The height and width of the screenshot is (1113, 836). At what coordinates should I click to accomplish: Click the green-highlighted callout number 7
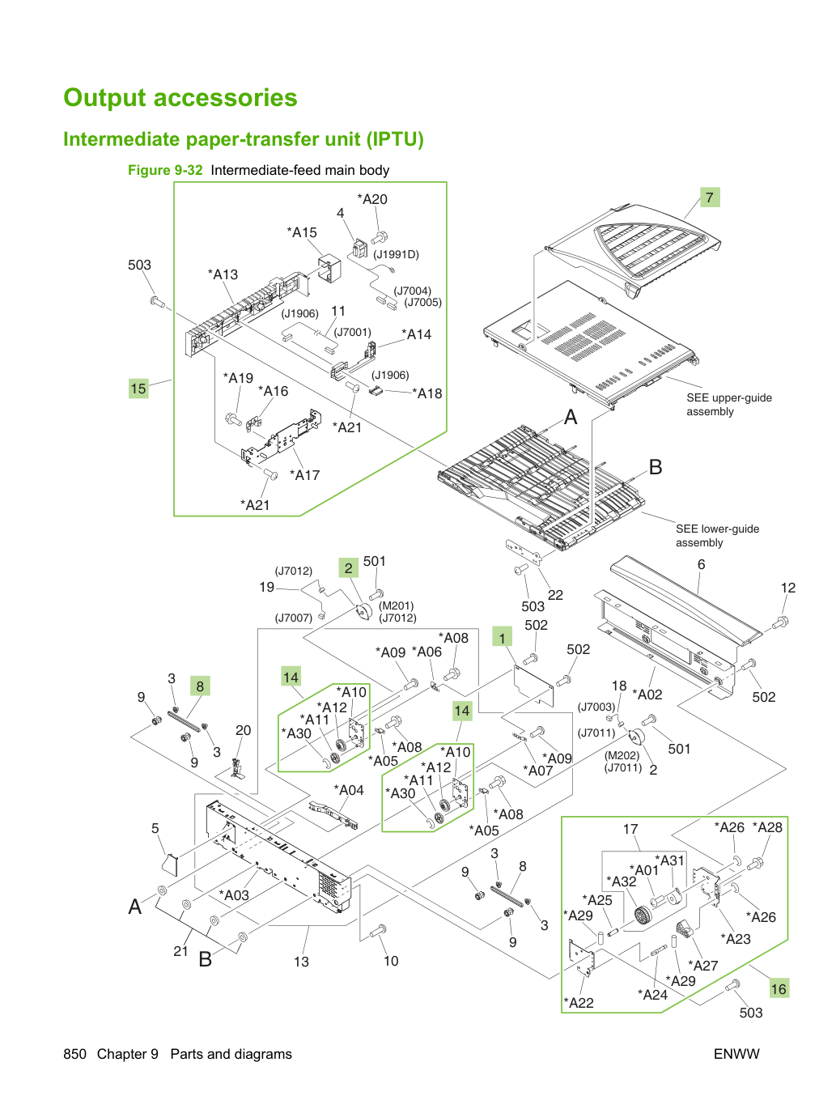click(x=710, y=198)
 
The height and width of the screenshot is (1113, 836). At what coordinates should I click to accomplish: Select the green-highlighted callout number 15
click(x=138, y=389)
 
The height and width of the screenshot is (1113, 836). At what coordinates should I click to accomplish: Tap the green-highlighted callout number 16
click(x=779, y=988)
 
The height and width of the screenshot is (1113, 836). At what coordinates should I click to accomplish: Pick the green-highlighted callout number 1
click(x=502, y=637)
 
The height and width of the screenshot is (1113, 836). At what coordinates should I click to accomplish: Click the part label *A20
click(x=372, y=199)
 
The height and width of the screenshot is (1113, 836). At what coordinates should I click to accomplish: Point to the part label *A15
click(x=302, y=232)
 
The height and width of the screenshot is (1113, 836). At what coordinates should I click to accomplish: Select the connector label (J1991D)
click(x=396, y=254)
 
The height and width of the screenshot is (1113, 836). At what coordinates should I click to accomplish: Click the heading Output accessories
click(x=180, y=97)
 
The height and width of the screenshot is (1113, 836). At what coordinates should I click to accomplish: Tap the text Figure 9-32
click(x=165, y=170)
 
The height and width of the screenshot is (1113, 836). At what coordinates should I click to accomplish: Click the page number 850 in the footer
click(x=74, y=1054)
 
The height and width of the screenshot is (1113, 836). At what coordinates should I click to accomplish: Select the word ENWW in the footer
click(x=736, y=1054)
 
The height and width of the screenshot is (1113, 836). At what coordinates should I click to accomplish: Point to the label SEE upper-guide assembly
click(x=729, y=404)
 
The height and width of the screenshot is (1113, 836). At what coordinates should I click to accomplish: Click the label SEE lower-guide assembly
click(x=717, y=536)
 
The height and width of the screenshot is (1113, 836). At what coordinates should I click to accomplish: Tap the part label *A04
click(x=349, y=790)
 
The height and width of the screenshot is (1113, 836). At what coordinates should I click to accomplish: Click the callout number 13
click(x=301, y=962)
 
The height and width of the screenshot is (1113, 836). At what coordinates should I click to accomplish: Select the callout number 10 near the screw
click(x=391, y=960)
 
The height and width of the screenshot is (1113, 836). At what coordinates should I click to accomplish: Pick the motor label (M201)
click(x=397, y=605)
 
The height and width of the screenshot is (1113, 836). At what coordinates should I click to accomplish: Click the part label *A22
click(x=579, y=1002)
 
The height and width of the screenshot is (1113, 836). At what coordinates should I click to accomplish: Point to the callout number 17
click(x=630, y=829)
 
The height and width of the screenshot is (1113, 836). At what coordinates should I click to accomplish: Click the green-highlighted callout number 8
click(x=200, y=686)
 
